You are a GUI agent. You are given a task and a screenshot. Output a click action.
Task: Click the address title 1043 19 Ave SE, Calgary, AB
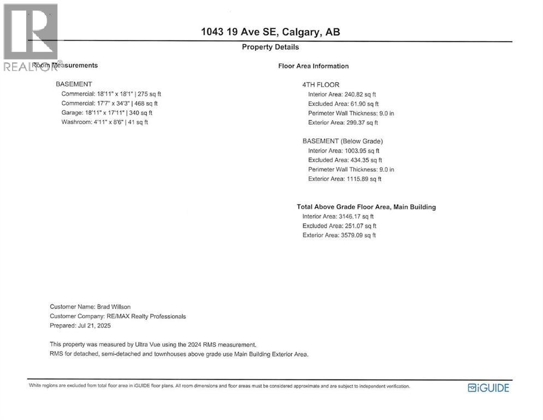click(270, 32)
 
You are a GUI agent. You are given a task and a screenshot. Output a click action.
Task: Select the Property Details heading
click(270, 47)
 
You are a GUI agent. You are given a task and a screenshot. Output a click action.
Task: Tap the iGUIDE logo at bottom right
click(488, 388)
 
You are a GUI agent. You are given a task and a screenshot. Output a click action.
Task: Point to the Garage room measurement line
click(107, 113)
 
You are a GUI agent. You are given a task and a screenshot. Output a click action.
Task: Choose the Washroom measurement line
click(104, 122)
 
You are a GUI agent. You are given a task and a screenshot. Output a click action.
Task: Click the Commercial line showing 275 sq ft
click(111, 94)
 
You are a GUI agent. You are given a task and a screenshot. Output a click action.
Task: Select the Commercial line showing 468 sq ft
click(109, 103)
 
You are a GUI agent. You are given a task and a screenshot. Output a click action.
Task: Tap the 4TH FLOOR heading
click(321, 85)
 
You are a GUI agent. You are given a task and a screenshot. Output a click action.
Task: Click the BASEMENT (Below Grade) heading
click(343, 141)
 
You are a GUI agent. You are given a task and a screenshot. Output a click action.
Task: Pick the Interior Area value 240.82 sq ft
click(342, 95)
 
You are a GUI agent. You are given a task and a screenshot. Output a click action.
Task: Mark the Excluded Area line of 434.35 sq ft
click(345, 160)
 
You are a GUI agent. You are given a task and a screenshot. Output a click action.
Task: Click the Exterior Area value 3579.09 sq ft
click(339, 235)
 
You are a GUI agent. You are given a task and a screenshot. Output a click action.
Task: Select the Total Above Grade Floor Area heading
click(366, 207)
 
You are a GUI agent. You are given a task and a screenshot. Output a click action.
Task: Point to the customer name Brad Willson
click(90, 307)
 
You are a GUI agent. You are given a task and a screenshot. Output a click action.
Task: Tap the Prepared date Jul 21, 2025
click(80, 325)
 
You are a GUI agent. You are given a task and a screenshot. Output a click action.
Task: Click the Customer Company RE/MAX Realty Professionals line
click(117, 316)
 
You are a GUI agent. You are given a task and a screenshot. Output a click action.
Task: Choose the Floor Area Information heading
click(313, 66)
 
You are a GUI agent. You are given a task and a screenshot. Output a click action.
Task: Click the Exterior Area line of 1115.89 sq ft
click(345, 179)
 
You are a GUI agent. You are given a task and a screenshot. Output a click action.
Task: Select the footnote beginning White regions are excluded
click(219, 386)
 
